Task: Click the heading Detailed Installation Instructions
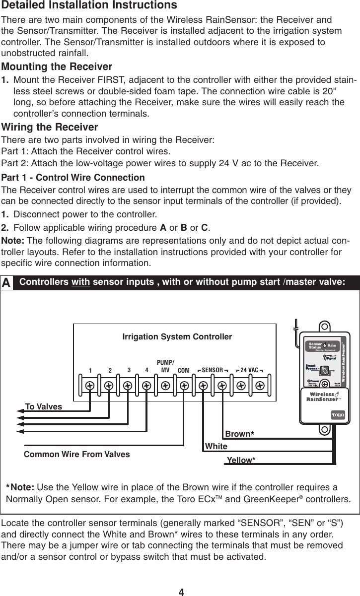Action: click(89, 6)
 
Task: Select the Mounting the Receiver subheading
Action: click(58, 66)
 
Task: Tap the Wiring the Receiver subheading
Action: click(50, 128)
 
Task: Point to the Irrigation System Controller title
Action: click(177, 337)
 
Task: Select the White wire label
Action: click(216, 447)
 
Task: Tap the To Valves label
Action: click(44, 407)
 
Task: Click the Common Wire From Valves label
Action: click(77, 454)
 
